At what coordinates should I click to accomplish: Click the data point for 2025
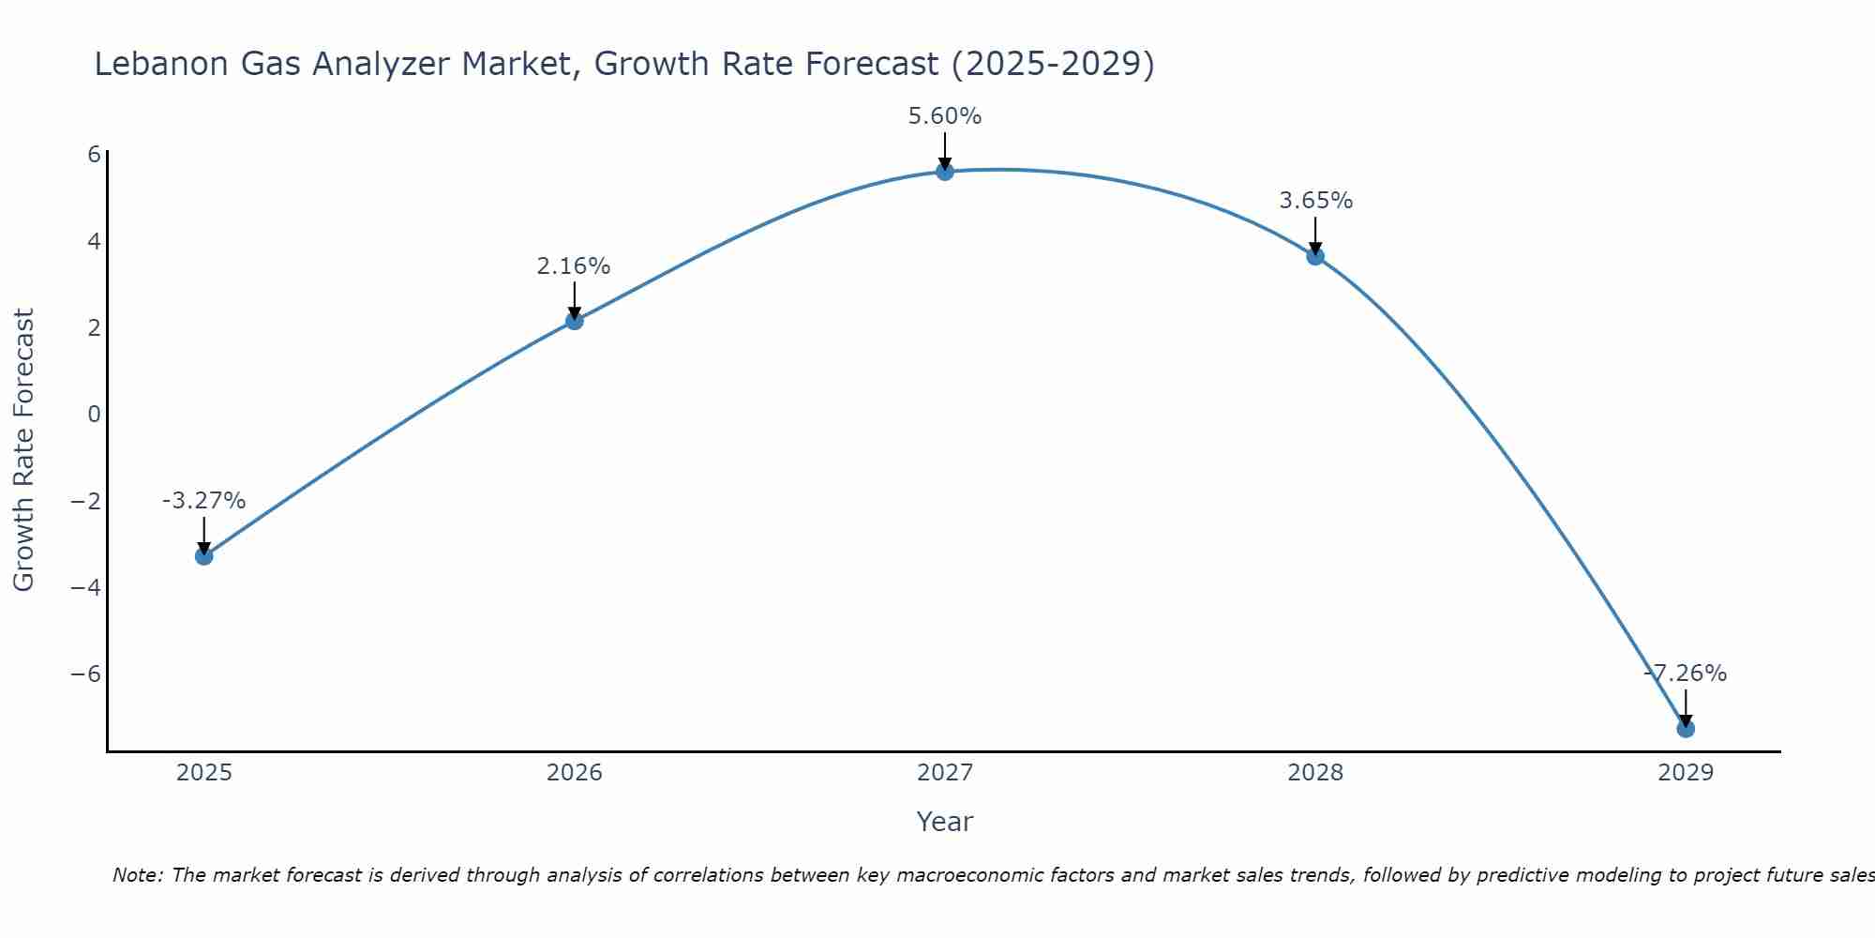click(x=203, y=556)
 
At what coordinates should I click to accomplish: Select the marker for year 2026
click(x=575, y=321)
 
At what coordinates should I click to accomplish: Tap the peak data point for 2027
click(x=945, y=172)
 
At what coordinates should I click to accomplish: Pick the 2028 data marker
click(x=1315, y=256)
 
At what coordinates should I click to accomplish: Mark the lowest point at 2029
click(x=1686, y=729)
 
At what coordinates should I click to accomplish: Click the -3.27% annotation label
click(x=203, y=501)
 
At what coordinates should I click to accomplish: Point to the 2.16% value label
click(x=574, y=266)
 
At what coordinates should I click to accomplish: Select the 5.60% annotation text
click(x=944, y=116)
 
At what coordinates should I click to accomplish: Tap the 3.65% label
click(x=1315, y=201)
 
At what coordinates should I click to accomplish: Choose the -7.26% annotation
click(x=1686, y=673)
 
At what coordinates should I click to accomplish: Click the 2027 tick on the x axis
click(x=945, y=773)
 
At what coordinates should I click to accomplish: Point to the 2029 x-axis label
click(x=1686, y=773)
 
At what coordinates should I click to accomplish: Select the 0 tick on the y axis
click(x=94, y=415)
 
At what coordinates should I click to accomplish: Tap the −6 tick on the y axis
click(x=86, y=674)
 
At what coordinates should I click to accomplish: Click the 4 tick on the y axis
click(x=94, y=242)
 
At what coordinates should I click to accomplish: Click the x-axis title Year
click(x=945, y=822)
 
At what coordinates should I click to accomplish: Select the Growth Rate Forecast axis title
click(x=23, y=450)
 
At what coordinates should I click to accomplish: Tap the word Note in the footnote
click(x=137, y=875)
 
